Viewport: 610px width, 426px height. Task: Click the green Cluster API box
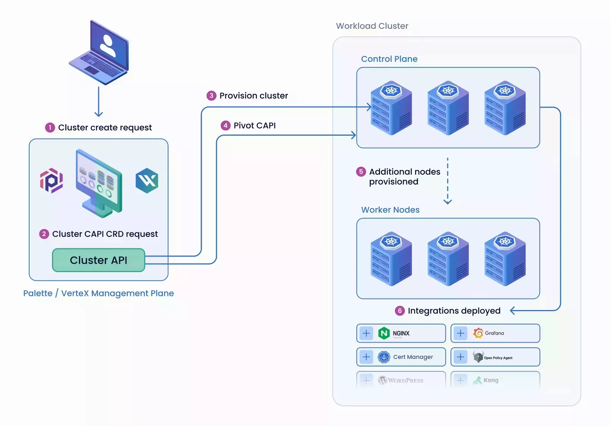coord(99,260)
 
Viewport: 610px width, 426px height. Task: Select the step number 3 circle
coord(211,96)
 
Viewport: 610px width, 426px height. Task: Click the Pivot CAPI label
coord(254,125)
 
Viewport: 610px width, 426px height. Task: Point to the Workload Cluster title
coord(372,26)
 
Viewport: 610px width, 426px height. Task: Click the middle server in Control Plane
coord(448,108)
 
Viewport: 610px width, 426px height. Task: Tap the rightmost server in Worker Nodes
coord(505,259)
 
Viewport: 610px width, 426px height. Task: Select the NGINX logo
coord(384,333)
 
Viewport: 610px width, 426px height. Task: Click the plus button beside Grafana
coord(460,333)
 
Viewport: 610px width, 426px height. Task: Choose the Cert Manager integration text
coord(413,357)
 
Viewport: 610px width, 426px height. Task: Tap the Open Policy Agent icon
coord(478,357)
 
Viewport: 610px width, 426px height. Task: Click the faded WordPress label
coord(405,381)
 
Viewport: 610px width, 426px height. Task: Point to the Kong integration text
coord(491,380)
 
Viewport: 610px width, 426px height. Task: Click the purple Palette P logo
coord(52,180)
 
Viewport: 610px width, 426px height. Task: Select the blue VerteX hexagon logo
coord(147,180)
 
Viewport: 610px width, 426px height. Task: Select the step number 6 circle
coord(399,311)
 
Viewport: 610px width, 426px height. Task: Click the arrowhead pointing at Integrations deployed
coord(513,311)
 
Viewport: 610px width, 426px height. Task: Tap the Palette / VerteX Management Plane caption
coord(99,293)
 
